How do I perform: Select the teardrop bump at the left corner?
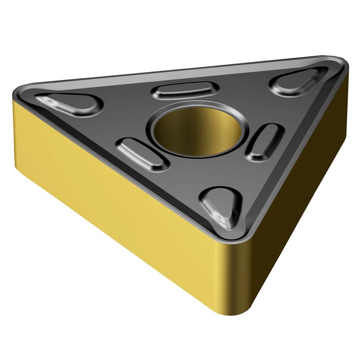70,104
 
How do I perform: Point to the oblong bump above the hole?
185,90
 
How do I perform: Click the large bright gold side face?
126,202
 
